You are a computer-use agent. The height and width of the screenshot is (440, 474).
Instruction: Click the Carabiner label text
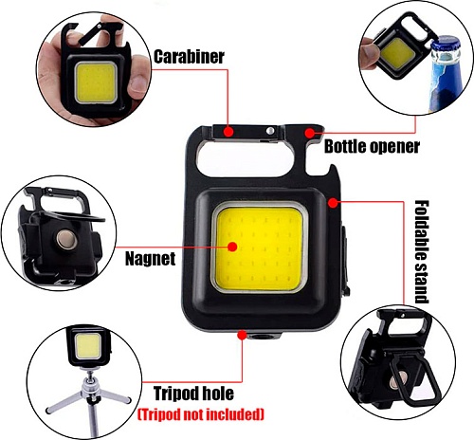(x=189, y=57)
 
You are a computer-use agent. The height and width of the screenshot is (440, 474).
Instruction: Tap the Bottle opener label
(x=372, y=146)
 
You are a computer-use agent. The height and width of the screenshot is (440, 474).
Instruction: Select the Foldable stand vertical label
(x=422, y=251)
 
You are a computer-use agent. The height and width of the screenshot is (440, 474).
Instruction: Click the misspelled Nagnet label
(x=150, y=259)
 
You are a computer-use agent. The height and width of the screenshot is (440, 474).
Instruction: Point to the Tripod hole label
(x=193, y=394)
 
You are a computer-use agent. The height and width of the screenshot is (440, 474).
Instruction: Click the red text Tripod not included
(x=201, y=414)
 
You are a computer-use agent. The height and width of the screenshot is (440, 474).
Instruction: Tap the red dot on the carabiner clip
(x=228, y=131)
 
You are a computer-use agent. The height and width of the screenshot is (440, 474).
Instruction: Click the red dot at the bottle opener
(x=310, y=133)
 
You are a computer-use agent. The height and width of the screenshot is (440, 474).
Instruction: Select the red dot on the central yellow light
(x=232, y=247)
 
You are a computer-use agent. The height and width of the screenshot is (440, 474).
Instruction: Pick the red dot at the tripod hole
(x=242, y=335)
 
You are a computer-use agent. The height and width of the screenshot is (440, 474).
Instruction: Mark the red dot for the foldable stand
(x=333, y=203)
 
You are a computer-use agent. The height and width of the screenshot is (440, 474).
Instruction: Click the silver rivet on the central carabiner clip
(x=269, y=131)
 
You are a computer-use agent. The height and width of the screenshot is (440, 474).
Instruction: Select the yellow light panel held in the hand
(x=95, y=82)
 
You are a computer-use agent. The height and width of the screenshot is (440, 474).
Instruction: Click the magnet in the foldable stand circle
(x=400, y=380)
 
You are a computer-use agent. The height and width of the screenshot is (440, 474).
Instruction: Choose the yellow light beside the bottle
(x=398, y=53)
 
